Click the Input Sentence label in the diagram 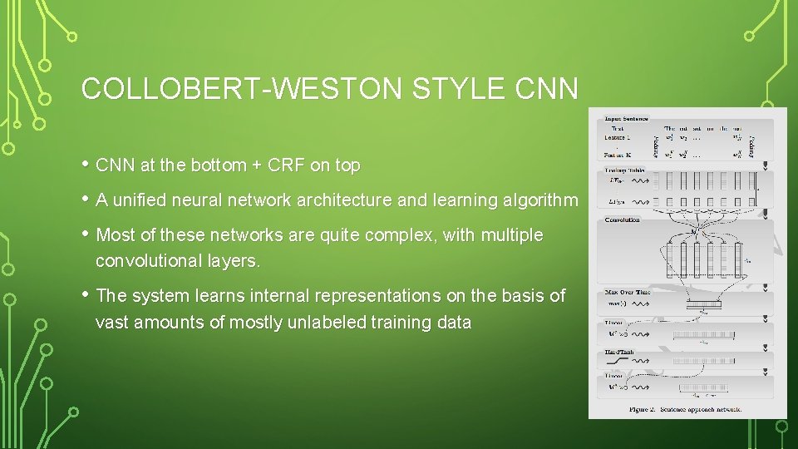click(x=627, y=118)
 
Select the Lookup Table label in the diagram click(x=626, y=170)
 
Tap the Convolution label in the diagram click(x=623, y=220)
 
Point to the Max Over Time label click(x=628, y=293)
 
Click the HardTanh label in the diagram click(x=621, y=353)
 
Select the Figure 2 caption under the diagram click(x=686, y=409)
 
